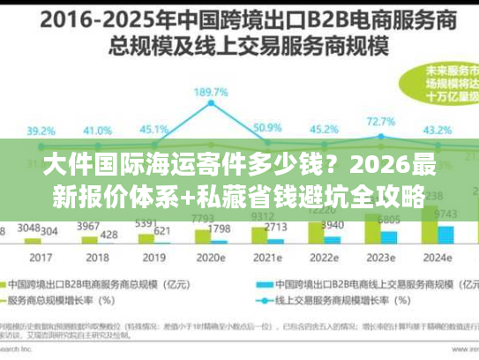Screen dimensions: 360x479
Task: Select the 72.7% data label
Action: (x=380, y=122)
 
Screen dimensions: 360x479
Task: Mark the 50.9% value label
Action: (x=266, y=128)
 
